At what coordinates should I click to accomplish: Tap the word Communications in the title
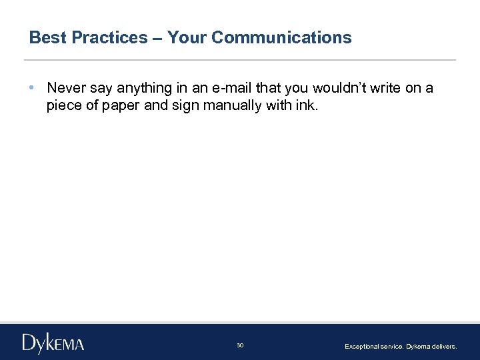(281, 37)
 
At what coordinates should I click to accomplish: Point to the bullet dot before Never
(33, 88)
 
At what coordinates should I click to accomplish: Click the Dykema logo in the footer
(53, 343)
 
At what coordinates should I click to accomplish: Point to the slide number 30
(240, 345)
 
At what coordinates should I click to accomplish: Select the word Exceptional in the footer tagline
(361, 347)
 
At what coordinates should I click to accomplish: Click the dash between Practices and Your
(157, 37)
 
